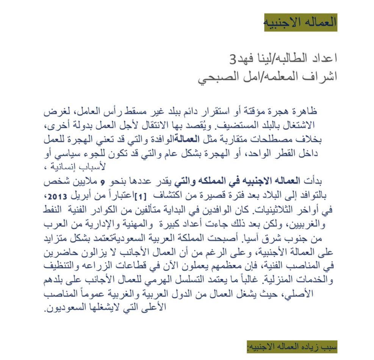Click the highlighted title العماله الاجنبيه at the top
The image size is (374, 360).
pyautogui.click(x=300, y=22)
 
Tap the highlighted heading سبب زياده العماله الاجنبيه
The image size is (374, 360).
pyautogui.click(x=291, y=346)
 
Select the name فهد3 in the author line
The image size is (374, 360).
pyautogui.click(x=241, y=59)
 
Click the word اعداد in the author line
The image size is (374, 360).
pyautogui.click(x=322, y=59)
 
